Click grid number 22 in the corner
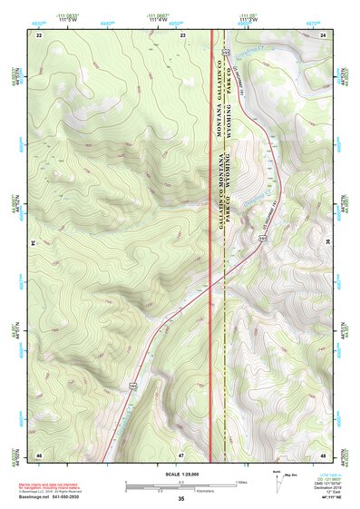(x=39, y=34)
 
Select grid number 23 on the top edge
(x=181, y=34)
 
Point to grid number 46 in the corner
(x=39, y=454)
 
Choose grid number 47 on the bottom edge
(x=181, y=454)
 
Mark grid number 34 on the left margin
(x=33, y=243)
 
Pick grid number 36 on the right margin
(x=328, y=243)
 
